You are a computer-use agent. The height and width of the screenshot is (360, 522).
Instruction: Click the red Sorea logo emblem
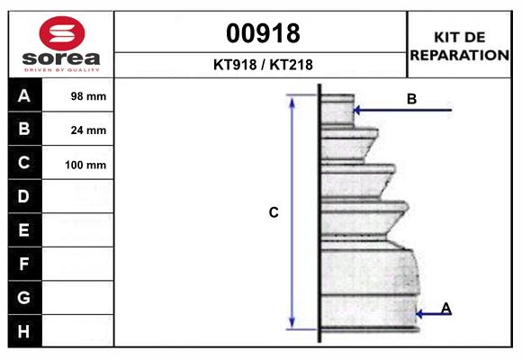coord(62,33)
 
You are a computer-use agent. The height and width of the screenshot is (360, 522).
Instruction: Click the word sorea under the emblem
coord(61,58)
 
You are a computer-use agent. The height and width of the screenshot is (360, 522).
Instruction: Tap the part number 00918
coord(263,33)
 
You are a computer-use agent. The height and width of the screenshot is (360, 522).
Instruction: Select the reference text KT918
coord(235,65)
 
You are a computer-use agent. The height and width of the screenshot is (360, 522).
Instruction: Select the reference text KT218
coord(292,65)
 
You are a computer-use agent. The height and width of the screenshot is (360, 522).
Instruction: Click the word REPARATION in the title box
coord(460,55)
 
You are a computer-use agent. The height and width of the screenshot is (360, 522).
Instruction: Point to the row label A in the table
coord(24,96)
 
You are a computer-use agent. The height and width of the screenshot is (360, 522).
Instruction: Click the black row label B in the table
coord(24,129)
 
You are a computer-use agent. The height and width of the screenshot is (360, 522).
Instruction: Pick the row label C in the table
coord(24,163)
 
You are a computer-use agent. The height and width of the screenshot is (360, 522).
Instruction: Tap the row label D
coord(23,196)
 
